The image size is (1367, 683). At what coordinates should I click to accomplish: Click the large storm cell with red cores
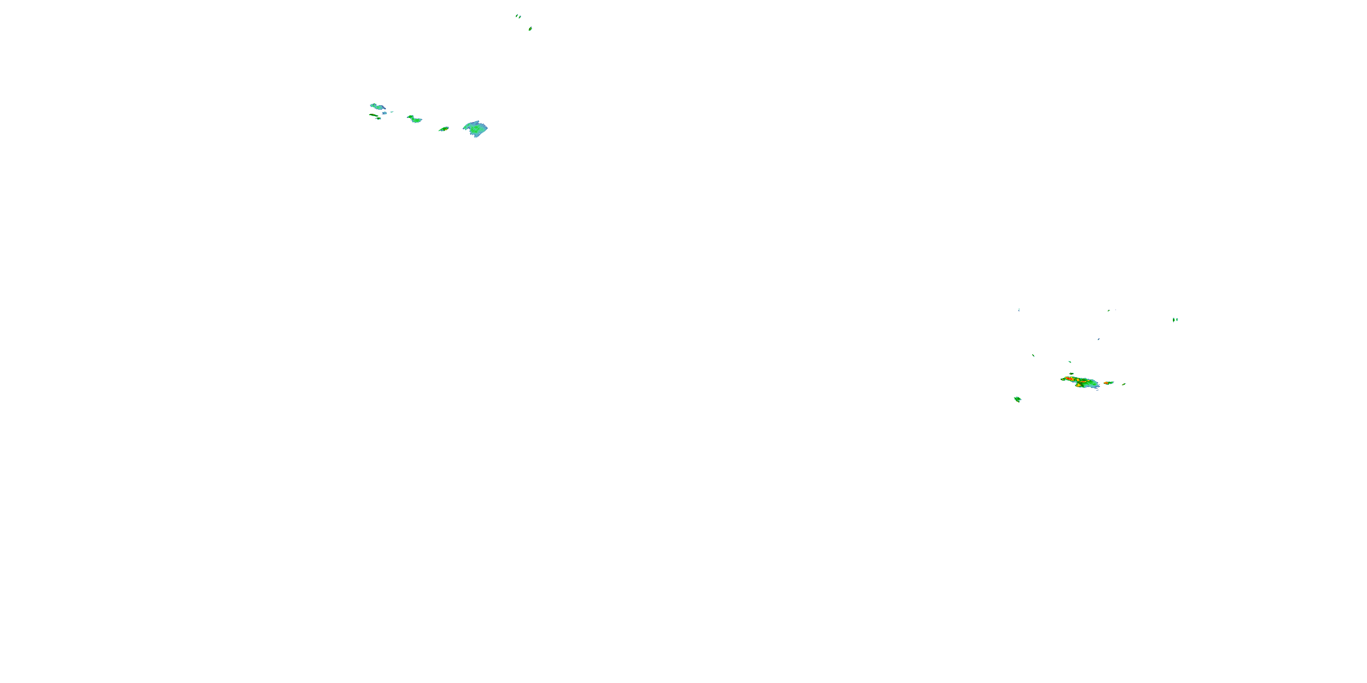pos(1080,382)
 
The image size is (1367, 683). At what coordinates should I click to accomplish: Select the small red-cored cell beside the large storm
pos(1108,383)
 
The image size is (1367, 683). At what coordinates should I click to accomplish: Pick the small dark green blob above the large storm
pos(1071,374)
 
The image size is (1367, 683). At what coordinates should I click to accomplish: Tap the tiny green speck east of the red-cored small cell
pos(1124,384)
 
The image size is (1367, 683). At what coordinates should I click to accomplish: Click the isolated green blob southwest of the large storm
pos(1018,399)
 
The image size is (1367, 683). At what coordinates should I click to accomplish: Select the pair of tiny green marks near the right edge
pos(1175,320)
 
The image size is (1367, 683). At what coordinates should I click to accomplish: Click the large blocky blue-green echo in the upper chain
pos(475,129)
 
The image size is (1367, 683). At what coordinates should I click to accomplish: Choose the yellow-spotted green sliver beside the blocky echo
pos(444,129)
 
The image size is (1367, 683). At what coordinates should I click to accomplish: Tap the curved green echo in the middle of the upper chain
pos(414,119)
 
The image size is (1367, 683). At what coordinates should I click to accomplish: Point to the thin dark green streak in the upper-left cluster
pos(374,115)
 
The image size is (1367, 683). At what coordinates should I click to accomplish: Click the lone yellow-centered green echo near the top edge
pos(530,29)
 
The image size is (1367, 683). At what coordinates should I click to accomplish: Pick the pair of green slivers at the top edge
pos(518,16)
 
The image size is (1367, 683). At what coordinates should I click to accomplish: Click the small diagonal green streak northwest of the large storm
pos(1033,355)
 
